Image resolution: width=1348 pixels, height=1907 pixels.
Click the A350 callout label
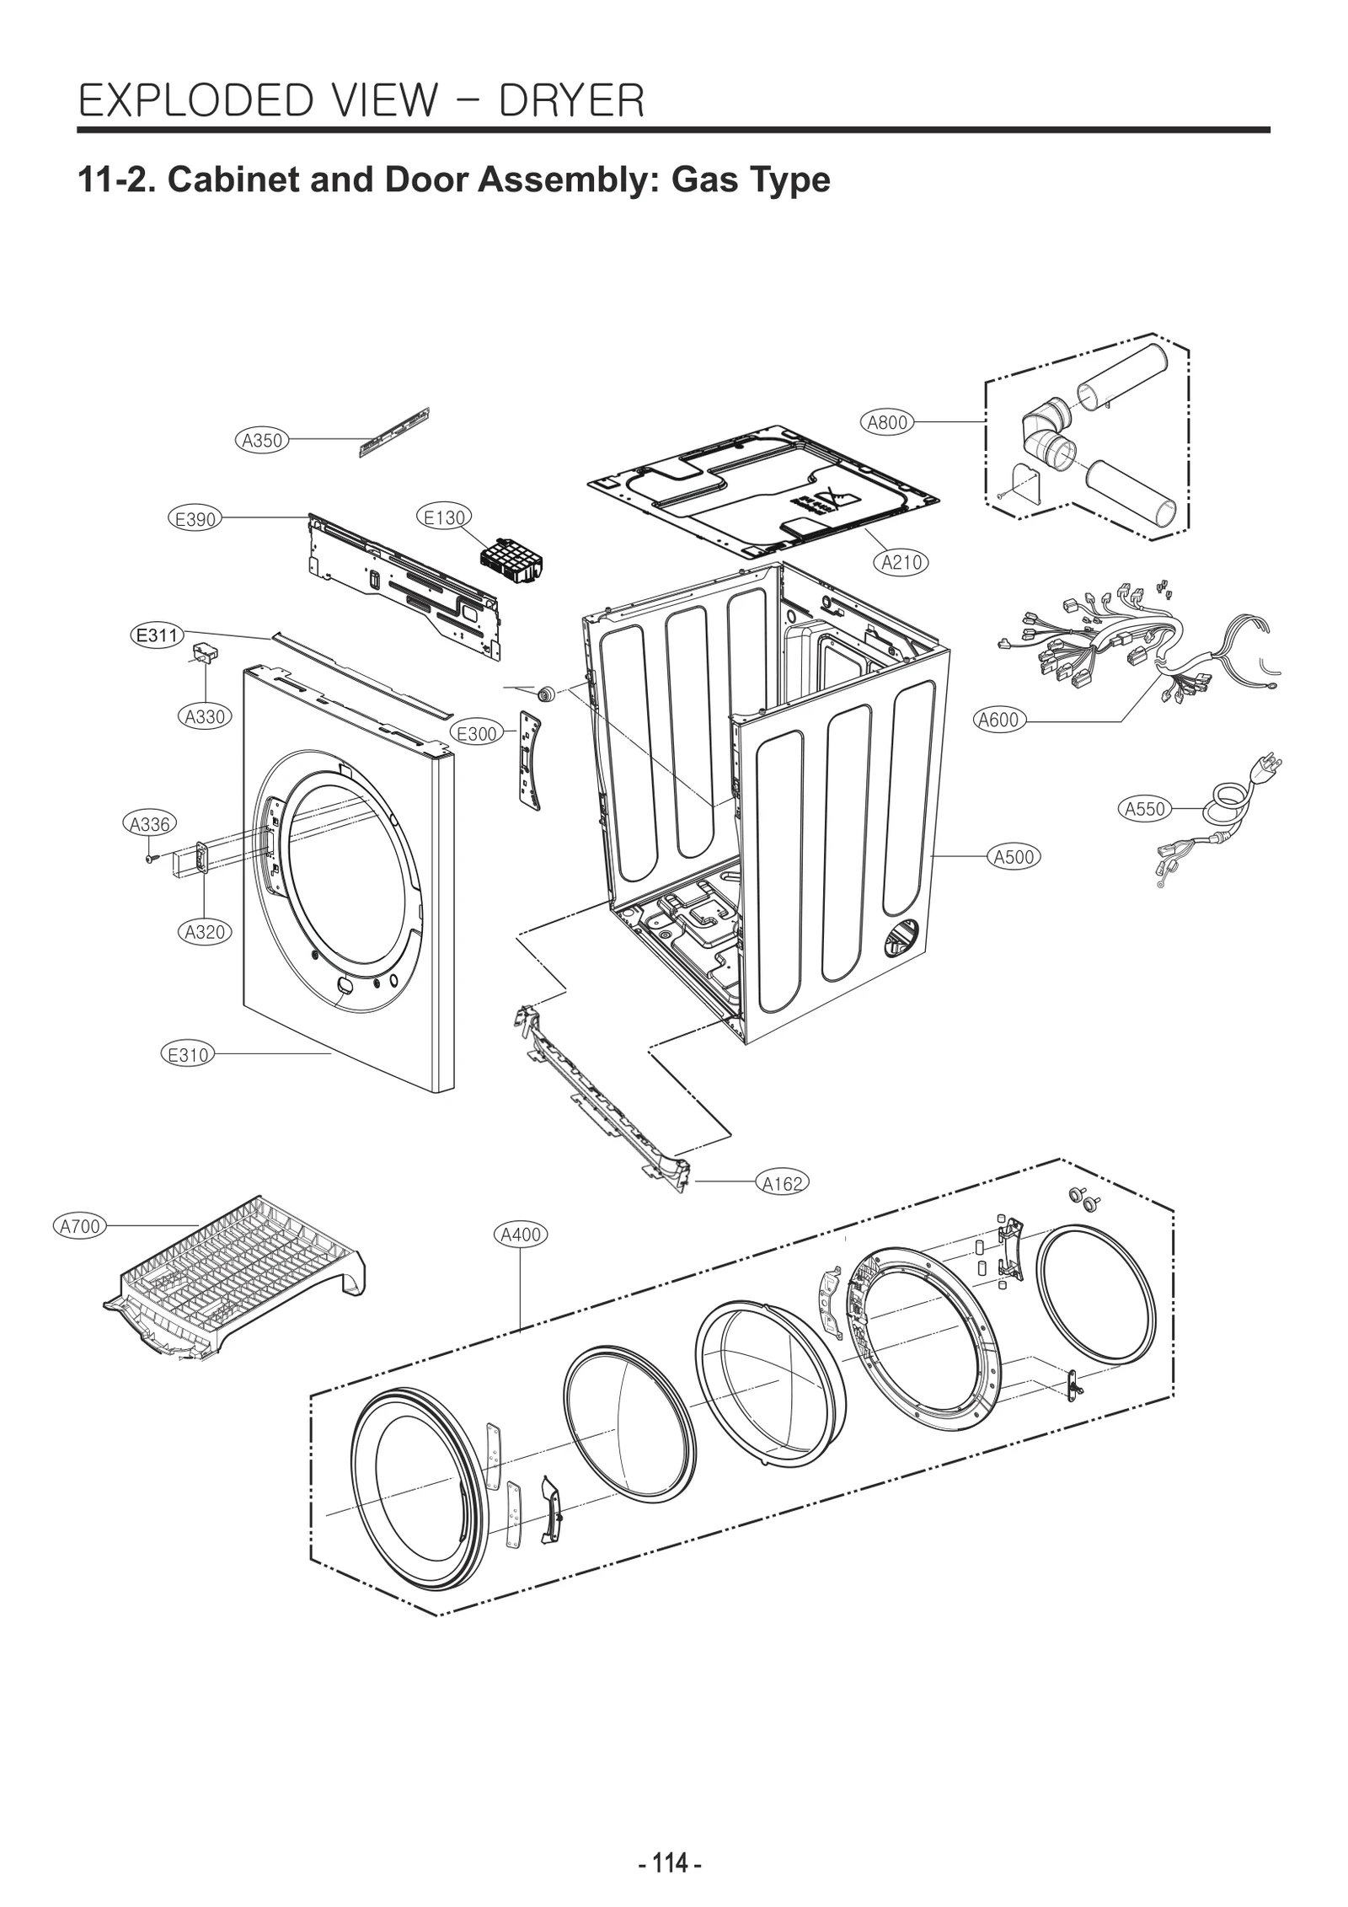tap(261, 440)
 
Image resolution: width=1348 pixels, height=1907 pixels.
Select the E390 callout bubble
tap(195, 519)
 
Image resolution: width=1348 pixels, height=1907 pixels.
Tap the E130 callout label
tap(444, 517)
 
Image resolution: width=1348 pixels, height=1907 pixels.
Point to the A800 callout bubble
tap(887, 422)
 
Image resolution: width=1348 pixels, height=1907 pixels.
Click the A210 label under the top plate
tap(901, 562)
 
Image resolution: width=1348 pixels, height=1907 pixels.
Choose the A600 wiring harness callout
tap(998, 720)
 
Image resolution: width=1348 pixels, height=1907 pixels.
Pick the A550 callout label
tap(1145, 809)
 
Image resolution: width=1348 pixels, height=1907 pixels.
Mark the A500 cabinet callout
tap(1014, 857)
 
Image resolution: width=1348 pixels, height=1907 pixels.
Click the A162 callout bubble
tap(783, 1183)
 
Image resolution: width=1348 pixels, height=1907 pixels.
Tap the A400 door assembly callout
tap(521, 1235)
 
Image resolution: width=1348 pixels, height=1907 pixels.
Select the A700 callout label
tap(80, 1226)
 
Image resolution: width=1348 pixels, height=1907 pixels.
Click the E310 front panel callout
tap(188, 1054)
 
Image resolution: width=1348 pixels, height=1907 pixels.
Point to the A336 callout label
tap(150, 824)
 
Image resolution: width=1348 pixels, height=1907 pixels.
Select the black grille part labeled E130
tap(510, 559)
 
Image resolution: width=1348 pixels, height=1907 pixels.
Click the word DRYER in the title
tap(571, 100)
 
